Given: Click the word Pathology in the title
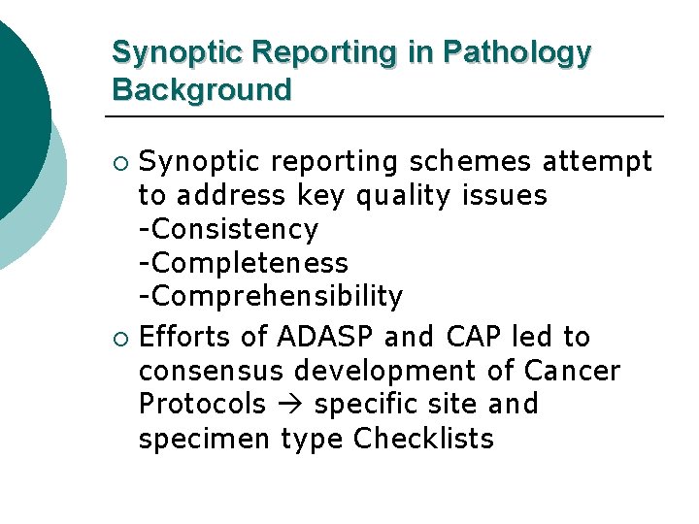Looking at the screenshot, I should (516, 52).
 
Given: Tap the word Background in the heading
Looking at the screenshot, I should (201, 90).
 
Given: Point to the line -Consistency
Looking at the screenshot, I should (228, 230).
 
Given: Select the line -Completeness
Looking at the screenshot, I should (243, 263).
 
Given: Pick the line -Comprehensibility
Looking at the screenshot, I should (270, 296).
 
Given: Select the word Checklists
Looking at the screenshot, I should (423, 439).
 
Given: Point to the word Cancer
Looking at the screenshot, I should (572, 371).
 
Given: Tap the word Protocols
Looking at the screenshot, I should (202, 404).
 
